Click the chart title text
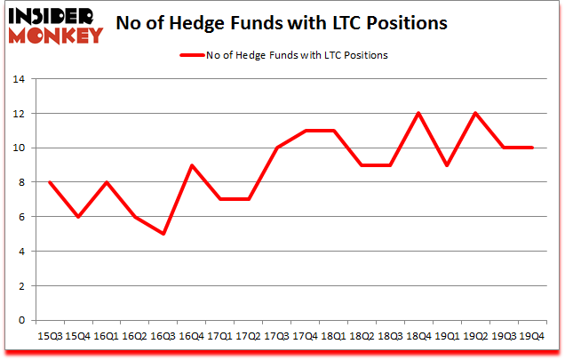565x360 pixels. pyautogui.click(x=283, y=22)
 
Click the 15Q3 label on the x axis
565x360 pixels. pyautogui.click(x=50, y=336)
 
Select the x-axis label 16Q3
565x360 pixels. pyautogui.click(x=163, y=336)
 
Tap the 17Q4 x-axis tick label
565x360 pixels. pyautogui.click(x=305, y=336)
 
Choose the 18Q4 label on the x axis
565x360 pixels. pyautogui.click(x=418, y=336)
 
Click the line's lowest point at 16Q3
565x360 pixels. pyautogui.click(x=163, y=234)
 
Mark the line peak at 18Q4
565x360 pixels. pyautogui.click(x=418, y=113)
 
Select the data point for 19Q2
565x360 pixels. pyautogui.click(x=475, y=113)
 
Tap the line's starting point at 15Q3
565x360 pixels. pyautogui.click(x=50, y=182)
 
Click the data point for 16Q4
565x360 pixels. pyautogui.click(x=191, y=165)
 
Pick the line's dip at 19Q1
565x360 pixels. pyautogui.click(x=447, y=165)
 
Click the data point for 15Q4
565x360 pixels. pyautogui.click(x=78, y=217)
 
